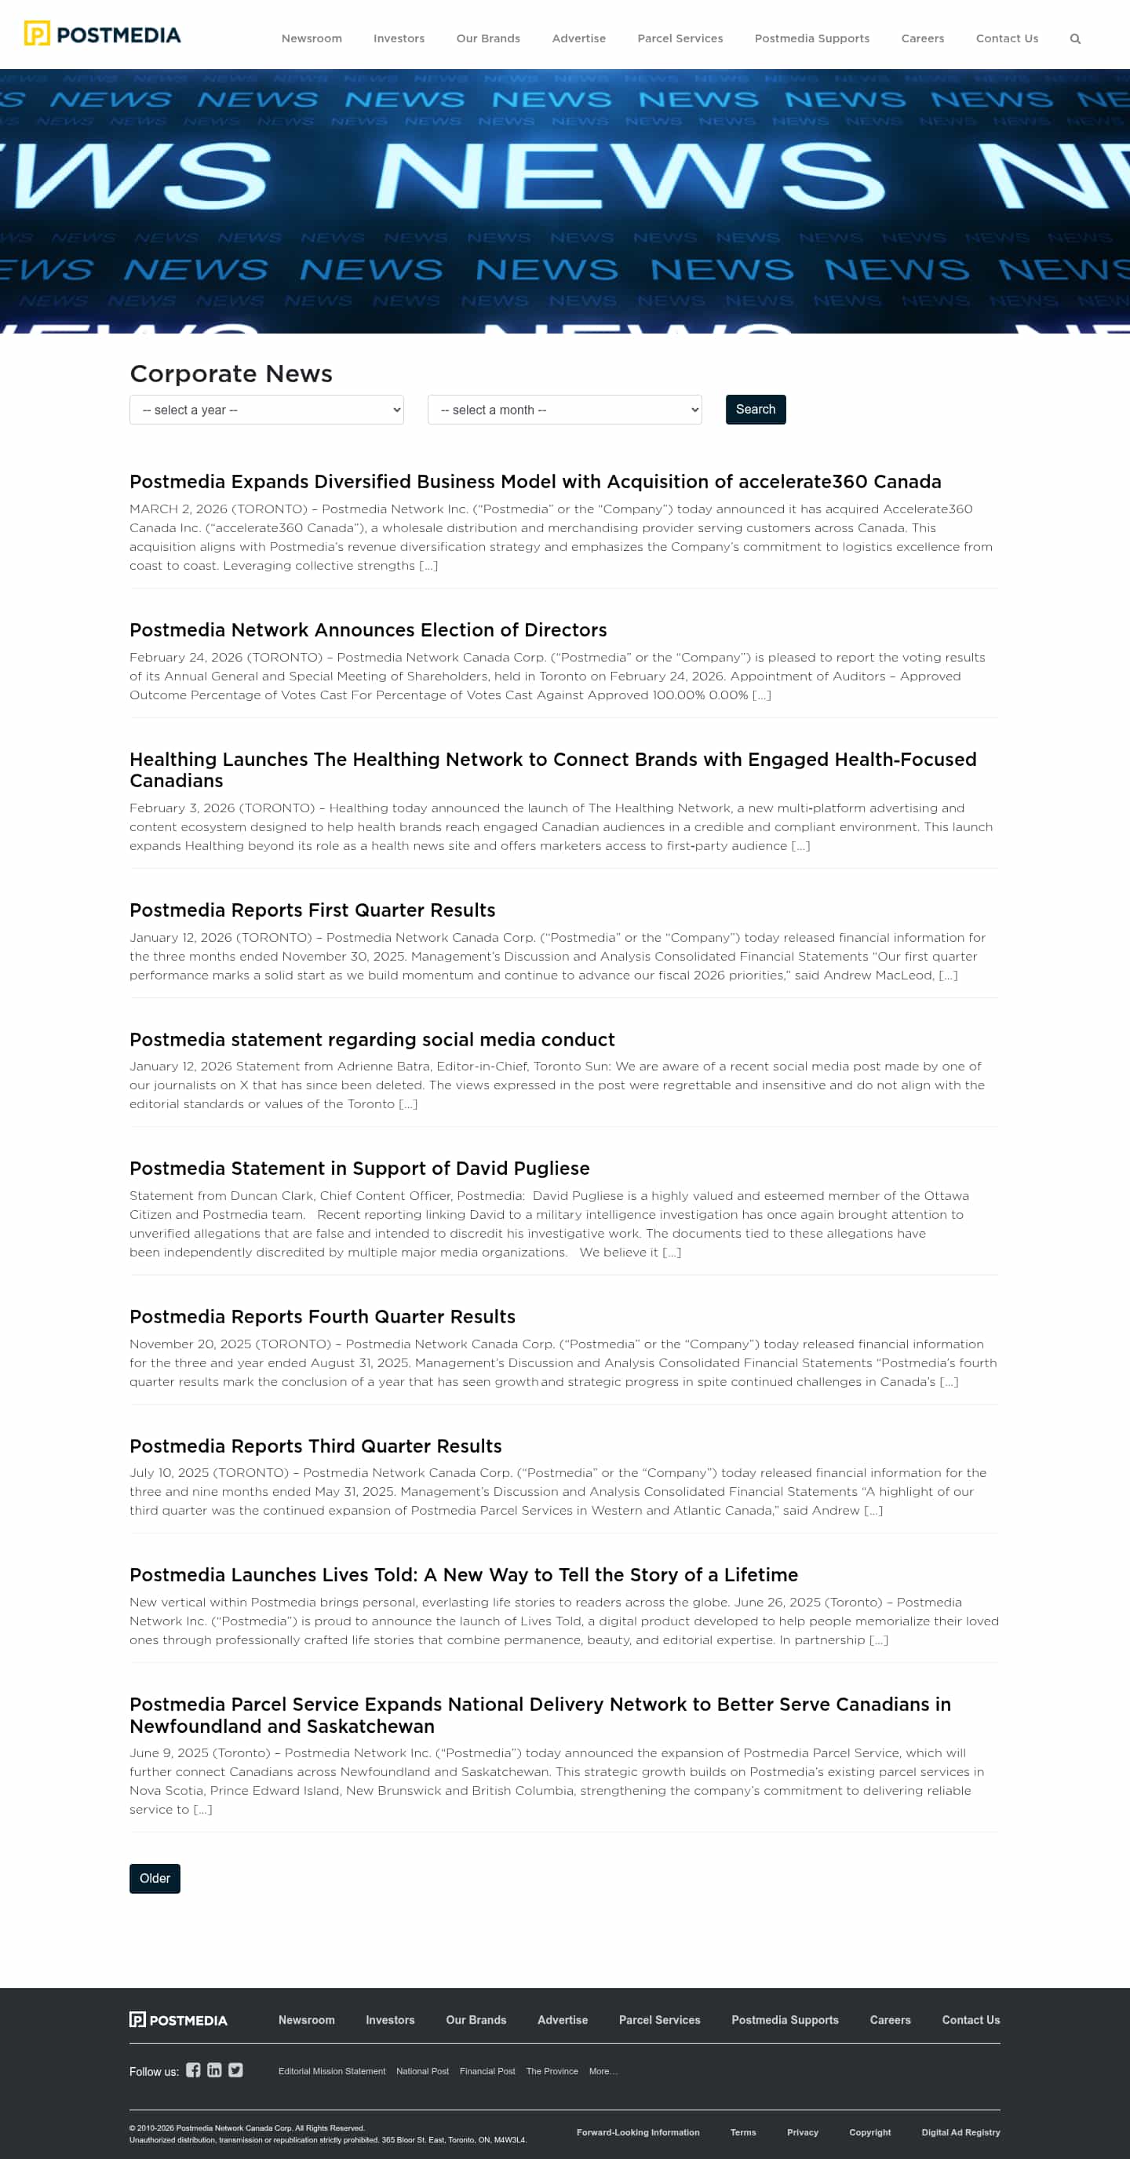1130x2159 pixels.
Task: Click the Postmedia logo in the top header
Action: (x=102, y=35)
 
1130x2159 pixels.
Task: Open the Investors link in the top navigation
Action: (x=399, y=38)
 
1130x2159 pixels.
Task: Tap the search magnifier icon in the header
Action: (x=1074, y=38)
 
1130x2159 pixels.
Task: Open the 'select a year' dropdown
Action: (x=267, y=410)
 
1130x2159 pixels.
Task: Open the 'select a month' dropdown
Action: (x=564, y=410)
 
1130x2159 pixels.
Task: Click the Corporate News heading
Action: (x=231, y=374)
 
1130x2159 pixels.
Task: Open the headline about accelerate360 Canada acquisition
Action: (x=535, y=482)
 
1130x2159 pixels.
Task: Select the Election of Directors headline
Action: (x=368, y=630)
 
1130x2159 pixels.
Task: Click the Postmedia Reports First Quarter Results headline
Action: (x=312, y=910)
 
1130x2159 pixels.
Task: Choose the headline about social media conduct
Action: (x=372, y=1039)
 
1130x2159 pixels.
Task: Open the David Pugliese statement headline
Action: (x=359, y=1169)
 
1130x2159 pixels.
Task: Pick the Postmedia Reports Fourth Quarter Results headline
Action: (x=322, y=1317)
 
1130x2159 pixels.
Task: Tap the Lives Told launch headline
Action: (x=464, y=1575)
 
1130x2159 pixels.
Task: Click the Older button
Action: (x=155, y=1878)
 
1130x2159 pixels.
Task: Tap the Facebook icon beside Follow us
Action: (x=193, y=2070)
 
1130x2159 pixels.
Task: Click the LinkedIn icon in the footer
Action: (x=214, y=2070)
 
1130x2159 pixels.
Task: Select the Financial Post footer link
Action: (x=487, y=2071)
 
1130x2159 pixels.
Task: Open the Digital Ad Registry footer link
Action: (x=960, y=2132)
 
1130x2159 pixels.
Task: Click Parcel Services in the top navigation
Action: (x=680, y=38)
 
